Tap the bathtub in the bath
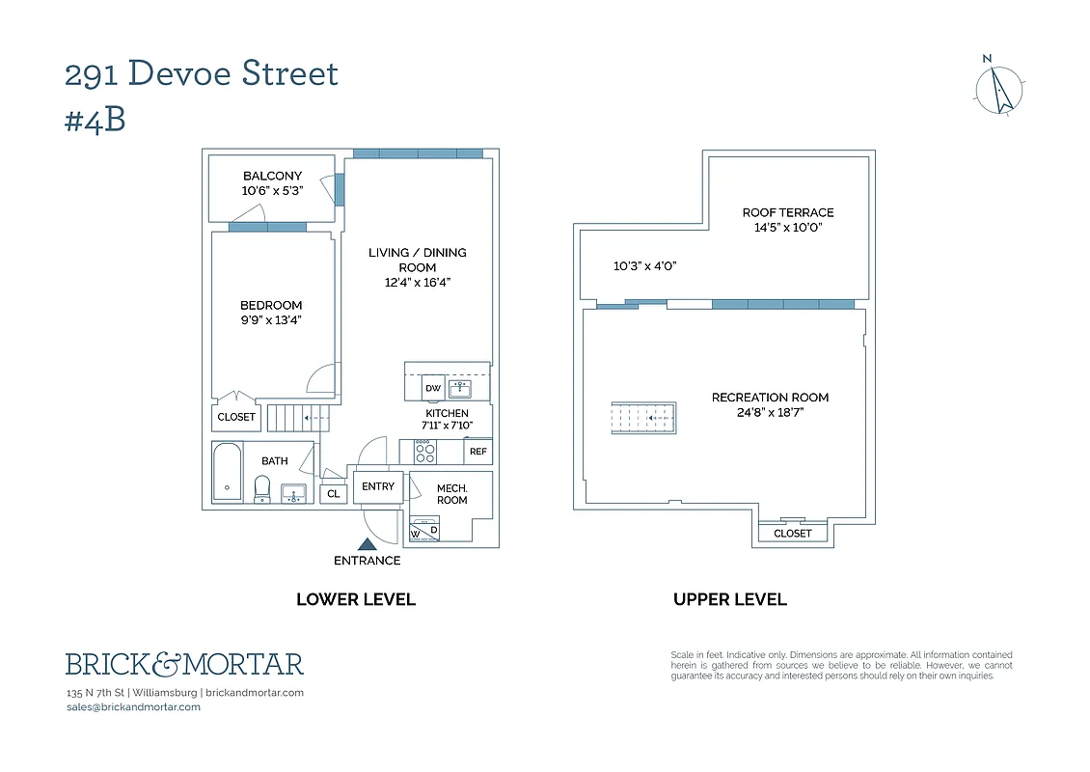click(x=228, y=472)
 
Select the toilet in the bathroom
click(x=262, y=489)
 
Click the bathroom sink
click(x=293, y=494)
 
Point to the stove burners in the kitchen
click(x=424, y=451)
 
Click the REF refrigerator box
click(x=477, y=452)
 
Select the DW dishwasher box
click(x=433, y=388)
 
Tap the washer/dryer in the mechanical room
click(x=424, y=527)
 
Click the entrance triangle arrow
click(x=367, y=545)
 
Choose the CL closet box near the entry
click(x=334, y=494)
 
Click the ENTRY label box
click(x=378, y=486)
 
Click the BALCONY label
click(x=272, y=176)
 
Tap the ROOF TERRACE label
click(x=787, y=212)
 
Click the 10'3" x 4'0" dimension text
click(x=644, y=265)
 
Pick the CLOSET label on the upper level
click(x=793, y=533)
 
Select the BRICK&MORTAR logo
click(x=184, y=664)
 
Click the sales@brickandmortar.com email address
click(x=133, y=706)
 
